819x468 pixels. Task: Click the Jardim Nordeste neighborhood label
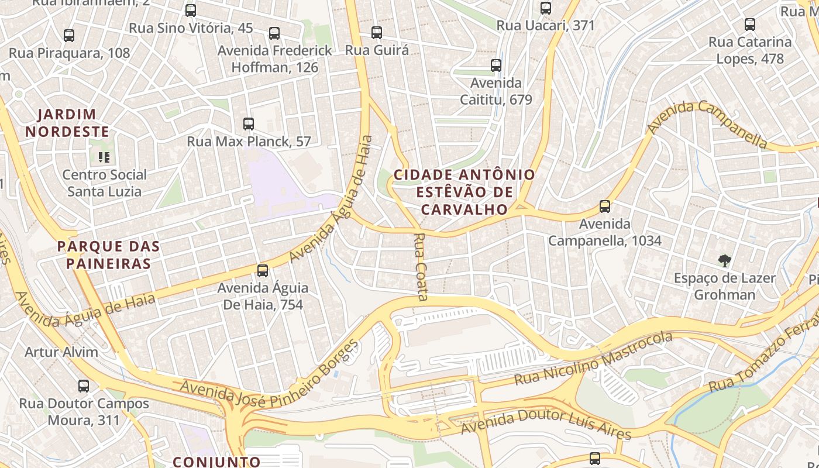67,123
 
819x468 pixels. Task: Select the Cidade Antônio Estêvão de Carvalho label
464,192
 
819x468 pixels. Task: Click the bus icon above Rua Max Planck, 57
249,124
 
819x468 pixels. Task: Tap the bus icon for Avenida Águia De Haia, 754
263,271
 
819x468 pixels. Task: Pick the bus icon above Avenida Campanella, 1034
605,207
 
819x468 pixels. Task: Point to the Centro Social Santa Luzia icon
104,157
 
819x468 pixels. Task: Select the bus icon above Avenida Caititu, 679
496,66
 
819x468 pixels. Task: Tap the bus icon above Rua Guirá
377,33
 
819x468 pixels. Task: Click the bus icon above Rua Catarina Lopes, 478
750,25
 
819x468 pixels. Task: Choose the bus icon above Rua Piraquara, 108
69,36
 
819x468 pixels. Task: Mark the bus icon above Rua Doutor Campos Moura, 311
84,386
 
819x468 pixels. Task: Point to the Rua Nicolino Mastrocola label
593,359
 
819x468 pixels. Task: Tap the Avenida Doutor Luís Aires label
546,425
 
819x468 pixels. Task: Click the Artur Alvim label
61,352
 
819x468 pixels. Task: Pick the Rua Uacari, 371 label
545,25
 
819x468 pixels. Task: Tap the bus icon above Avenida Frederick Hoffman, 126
274,33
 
